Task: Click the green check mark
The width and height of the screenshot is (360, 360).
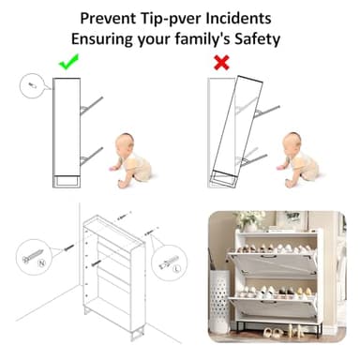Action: coord(68,62)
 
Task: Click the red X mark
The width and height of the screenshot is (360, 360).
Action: coord(221,63)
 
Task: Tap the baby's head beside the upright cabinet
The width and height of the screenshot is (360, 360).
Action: coord(126,143)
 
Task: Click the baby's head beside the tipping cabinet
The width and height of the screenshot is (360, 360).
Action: coord(292,142)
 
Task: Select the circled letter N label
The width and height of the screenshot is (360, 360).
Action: coord(41,263)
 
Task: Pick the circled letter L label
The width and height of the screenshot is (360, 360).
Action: coord(177,268)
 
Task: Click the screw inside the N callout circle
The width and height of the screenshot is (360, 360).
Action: coord(33,256)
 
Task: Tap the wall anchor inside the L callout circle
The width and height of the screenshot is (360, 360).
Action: coord(169,262)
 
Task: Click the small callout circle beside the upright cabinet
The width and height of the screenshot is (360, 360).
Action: coord(33,85)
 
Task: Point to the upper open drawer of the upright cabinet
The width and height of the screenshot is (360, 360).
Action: coord(91,106)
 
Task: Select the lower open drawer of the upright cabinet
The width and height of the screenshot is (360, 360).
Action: coord(91,156)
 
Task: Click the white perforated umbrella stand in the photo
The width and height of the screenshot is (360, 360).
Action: coord(219,301)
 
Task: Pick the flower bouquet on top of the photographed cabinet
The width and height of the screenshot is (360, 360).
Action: coord(250,219)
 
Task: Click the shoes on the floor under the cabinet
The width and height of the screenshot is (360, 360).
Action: coord(283,331)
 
